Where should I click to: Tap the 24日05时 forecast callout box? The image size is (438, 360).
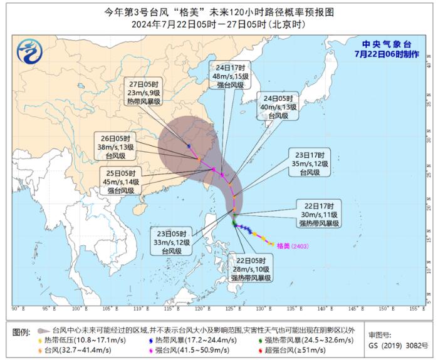277,107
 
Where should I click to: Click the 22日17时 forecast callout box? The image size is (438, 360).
318,213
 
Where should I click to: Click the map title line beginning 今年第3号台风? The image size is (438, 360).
219,11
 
